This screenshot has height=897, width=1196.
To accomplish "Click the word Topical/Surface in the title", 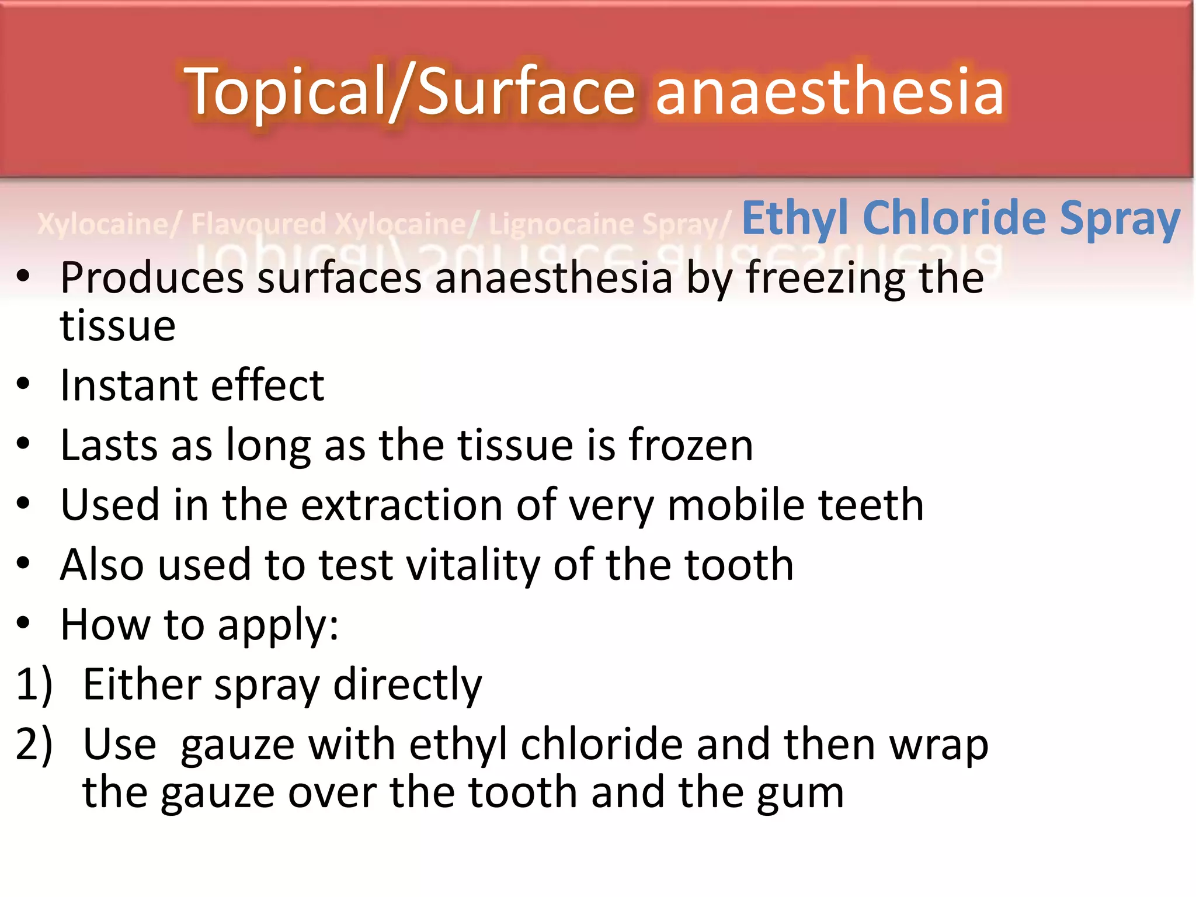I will click(x=409, y=92).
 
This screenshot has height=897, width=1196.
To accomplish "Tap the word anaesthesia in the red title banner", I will click(x=829, y=92).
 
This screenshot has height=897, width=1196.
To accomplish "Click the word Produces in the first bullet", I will click(x=152, y=278).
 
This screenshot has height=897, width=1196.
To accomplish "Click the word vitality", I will click(x=473, y=566).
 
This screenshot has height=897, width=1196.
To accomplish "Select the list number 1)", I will click(x=34, y=684).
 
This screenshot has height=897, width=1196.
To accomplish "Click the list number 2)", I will click(x=34, y=745).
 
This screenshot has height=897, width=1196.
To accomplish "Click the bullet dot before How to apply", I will click(x=23, y=623).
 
